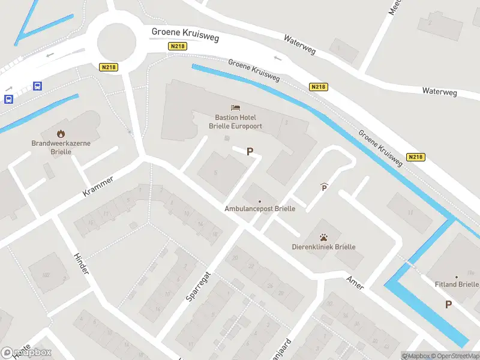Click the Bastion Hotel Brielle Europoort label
pyautogui.click(x=235, y=122)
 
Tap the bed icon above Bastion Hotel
pyautogui.click(x=236, y=108)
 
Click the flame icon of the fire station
pyautogui.click(x=60, y=133)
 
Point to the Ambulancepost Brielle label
pyautogui.click(x=260, y=209)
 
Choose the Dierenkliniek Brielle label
pyautogui.click(x=323, y=247)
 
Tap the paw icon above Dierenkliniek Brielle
pyautogui.click(x=323, y=236)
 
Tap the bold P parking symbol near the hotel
pyautogui.click(x=250, y=152)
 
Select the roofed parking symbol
pyautogui.click(x=324, y=187)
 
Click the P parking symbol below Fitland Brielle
pyautogui.click(x=448, y=305)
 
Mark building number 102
pyautogui.click(x=46, y=275)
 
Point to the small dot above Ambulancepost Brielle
pyautogui.click(x=260, y=201)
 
